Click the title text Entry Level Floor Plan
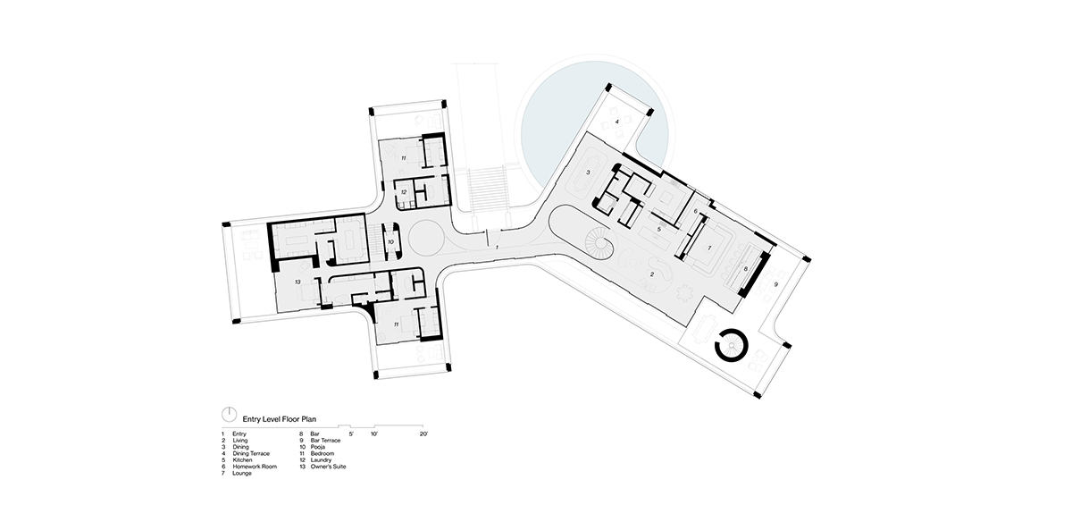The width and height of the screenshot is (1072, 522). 279,419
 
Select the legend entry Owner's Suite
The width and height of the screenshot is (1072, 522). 328,467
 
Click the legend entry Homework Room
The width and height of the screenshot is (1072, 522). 255,467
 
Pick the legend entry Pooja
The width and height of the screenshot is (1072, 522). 317,447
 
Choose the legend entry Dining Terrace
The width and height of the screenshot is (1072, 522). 251,453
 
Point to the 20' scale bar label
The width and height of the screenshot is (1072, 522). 423,434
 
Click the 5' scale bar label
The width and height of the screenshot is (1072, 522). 351,434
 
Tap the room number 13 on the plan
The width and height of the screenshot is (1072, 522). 297,282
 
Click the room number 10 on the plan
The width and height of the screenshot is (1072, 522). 390,242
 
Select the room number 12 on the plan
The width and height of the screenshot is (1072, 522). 404,192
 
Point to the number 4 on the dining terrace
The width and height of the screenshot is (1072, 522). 617,122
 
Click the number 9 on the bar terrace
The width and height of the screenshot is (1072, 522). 775,284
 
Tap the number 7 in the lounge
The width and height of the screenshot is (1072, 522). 709,248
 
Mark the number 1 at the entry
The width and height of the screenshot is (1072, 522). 497,248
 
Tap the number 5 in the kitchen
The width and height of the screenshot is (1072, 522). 659,230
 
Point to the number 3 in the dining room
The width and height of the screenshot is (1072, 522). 589,172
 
